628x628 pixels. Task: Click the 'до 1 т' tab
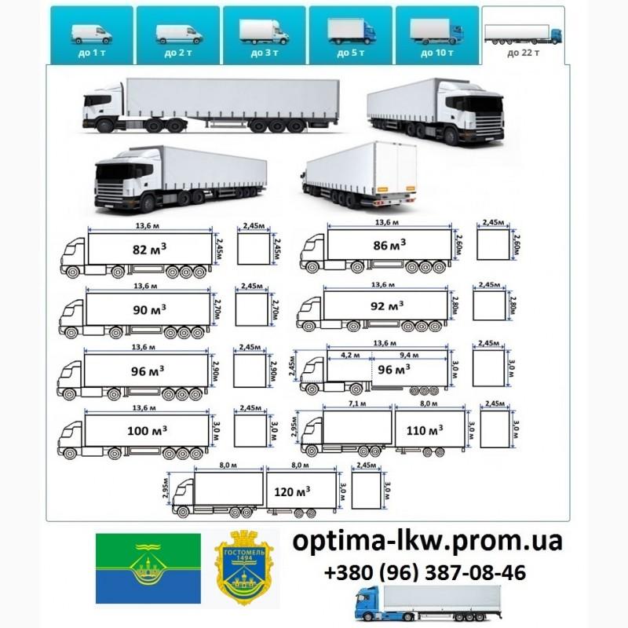point(91,35)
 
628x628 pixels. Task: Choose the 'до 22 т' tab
point(523,36)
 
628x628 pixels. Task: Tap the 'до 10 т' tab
point(436,35)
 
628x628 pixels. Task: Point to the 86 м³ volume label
point(390,245)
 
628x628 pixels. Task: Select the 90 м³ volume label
point(148,309)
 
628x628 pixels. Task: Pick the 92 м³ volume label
point(389,305)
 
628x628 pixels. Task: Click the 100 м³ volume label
point(148,429)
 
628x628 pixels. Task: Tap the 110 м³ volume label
point(425,429)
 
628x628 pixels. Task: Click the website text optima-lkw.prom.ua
point(428,541)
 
